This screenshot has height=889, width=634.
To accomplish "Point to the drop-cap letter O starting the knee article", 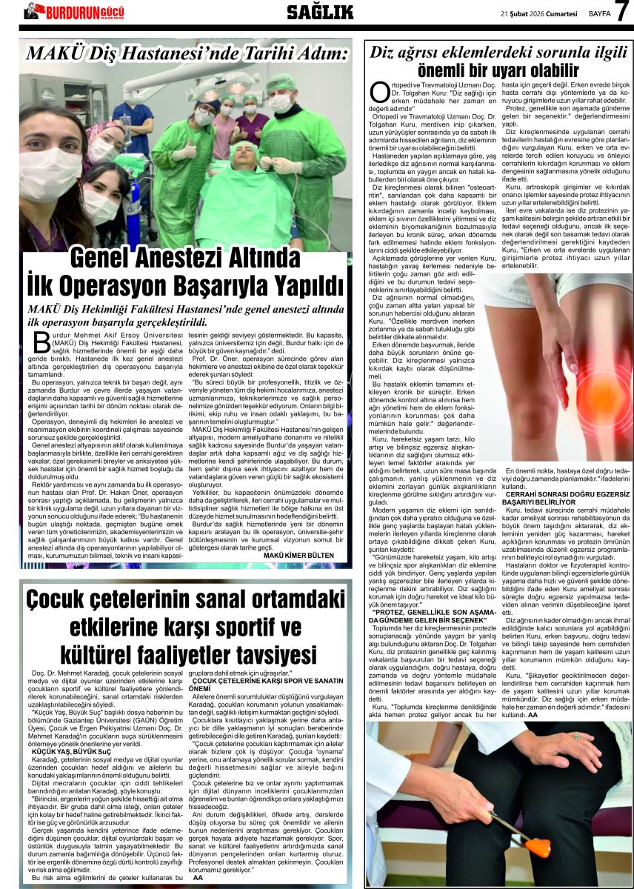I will pyautogui.click(x=378, y=93).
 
